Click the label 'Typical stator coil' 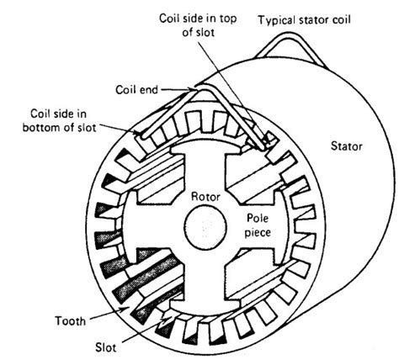tap(304, 20)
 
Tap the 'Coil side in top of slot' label tap(198, 25)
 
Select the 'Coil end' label tap(137, 90)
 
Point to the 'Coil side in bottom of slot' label tap(59, 120)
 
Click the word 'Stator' tap(347, 146)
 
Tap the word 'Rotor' tap(205, 197)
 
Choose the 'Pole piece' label tap(258, 225)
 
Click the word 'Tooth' tap(70, 320)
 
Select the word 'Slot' tap(106, 347)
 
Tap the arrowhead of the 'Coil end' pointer tap(192, 89)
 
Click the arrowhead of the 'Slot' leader tap(168, 319)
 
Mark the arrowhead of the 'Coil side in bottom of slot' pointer tap(137, 132)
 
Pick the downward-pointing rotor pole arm tap(205, 279)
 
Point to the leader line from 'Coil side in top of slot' tap(231, 93)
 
